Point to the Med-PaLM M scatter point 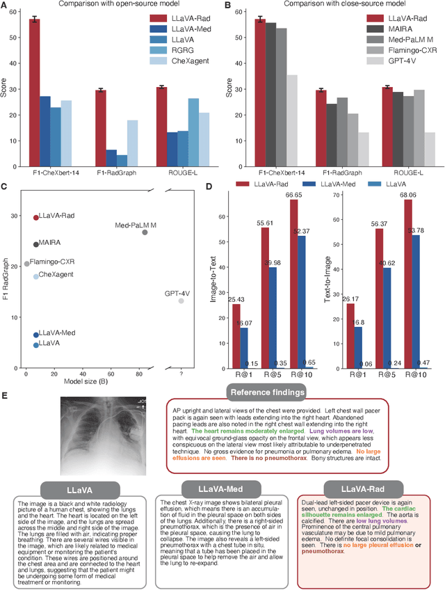[x=145, y=232]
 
